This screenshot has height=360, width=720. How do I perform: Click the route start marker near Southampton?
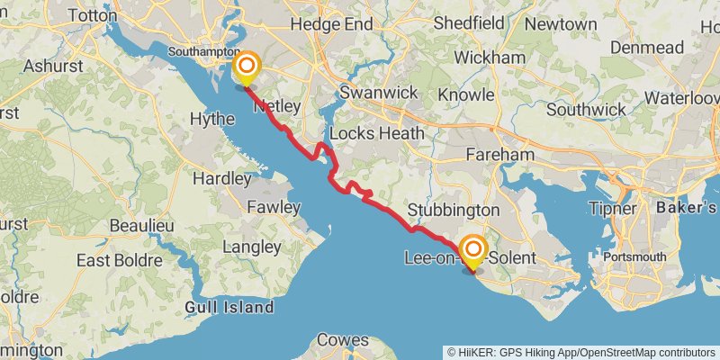[x=245, y=68]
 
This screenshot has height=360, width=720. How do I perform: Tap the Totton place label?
[x=85, y=16]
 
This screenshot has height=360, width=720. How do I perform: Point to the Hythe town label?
[x=213, y=118]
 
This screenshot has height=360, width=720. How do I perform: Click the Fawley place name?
[x=274, y=207]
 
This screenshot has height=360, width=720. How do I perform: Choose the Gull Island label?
[x=229, y=308]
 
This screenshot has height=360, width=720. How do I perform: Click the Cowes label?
[x=343, y=340]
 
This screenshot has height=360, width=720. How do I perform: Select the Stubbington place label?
[x=453, y=210]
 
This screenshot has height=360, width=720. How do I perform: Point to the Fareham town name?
[x=499, y=155]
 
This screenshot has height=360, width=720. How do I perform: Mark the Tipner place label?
[x=612, y=209]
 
